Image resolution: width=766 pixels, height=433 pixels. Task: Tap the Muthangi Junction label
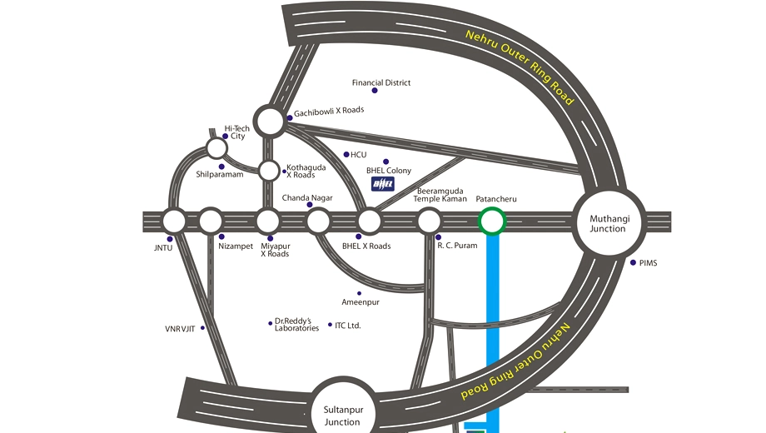coord(609,223)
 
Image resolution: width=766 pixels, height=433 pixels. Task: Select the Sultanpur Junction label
coord(343,416)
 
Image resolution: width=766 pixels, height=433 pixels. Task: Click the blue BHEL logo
coord(382,184)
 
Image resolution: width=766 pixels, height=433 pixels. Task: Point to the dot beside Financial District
coord(375,91)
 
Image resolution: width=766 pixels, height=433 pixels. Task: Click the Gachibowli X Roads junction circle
coord(270,121)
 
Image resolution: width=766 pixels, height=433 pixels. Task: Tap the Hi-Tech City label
coord(237,132)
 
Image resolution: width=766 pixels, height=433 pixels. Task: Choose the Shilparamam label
coord(219,175)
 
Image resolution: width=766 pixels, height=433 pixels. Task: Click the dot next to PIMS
coord(633,262)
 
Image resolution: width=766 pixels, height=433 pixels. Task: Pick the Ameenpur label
coord(361,302)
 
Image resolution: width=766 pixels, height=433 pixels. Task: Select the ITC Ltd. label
coord(348,326)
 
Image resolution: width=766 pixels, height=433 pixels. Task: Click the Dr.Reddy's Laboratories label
coord(296,325)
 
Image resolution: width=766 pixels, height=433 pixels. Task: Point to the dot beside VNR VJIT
coord(202,328)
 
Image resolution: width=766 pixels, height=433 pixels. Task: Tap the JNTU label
coord(163,248)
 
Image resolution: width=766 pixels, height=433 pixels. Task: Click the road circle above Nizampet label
coord(211,221)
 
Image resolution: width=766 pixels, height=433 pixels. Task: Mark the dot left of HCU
coord(346,154)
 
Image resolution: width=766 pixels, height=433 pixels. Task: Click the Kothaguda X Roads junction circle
coord(269,171)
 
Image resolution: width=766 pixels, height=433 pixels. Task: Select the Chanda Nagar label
coord(307,198)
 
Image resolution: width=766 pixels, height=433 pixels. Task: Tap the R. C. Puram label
coord(457,246)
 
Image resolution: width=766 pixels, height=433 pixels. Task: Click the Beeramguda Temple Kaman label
coord(440,195)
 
